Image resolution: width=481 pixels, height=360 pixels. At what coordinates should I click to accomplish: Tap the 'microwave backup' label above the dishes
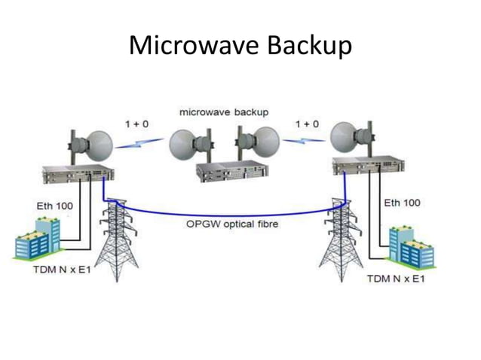[x=223, y=111]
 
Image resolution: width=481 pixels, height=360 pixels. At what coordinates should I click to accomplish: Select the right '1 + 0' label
[x=308, y=123]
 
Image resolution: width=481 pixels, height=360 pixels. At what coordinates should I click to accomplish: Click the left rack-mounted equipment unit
[x=79, y=174]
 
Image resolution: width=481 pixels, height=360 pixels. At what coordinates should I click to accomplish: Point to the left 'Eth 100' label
[x=54, y=205]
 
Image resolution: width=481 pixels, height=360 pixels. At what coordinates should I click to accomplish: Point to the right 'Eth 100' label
[x=402, y=203]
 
